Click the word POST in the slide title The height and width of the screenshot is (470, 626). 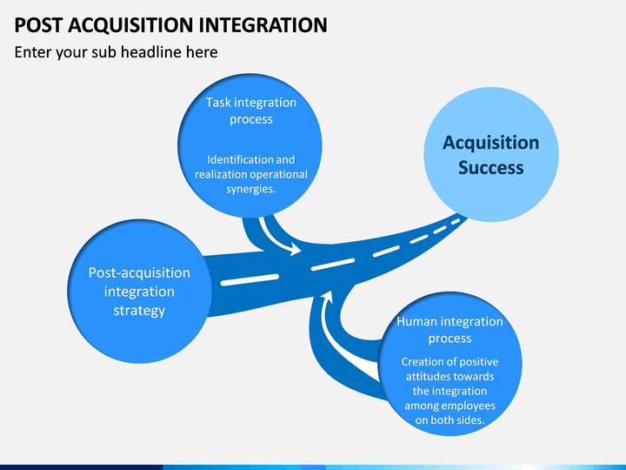[x=38, y=24]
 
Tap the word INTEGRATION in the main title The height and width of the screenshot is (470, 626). [x=263, y=24]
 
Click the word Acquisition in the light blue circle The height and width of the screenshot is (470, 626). [x=490, y=143]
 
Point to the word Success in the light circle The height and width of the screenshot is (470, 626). [x=490, y=167]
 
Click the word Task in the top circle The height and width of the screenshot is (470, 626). [x=218, y=103]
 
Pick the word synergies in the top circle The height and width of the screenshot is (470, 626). [x=250, y=189]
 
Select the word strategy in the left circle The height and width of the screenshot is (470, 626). [x=139, y=311]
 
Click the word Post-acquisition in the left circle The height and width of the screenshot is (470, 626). [x=139, y=273]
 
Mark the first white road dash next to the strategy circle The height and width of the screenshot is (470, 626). [x=250, y=279]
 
